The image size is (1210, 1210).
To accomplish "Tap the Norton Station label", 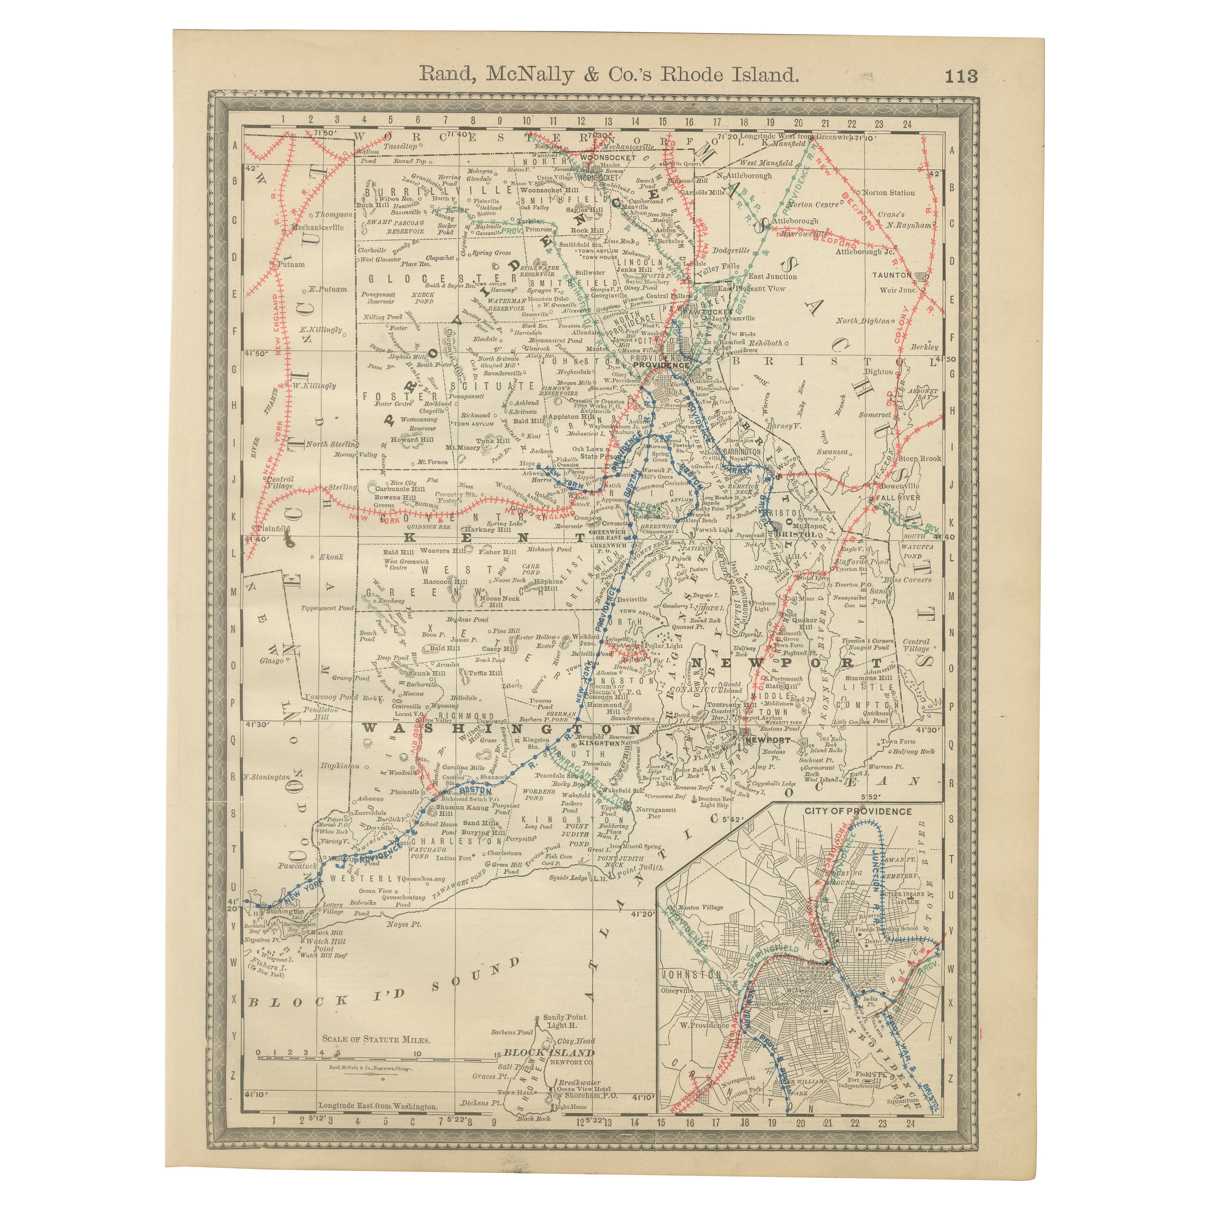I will (x=888, y=193).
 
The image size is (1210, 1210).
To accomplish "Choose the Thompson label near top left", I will (x=333, y=214).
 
